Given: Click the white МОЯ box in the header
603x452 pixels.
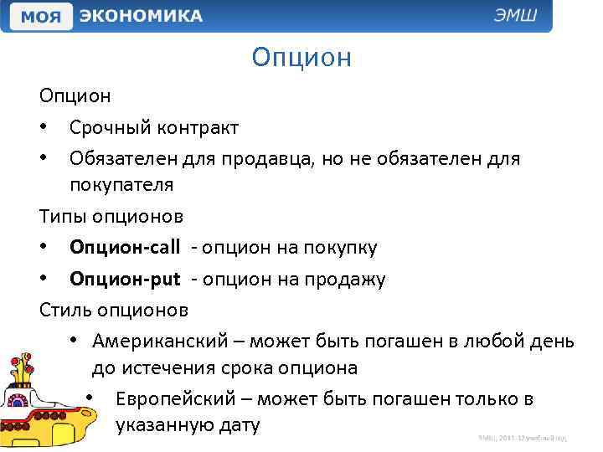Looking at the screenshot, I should click(41, 16).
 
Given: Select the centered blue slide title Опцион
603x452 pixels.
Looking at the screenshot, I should click(301, 58).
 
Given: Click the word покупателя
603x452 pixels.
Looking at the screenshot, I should click(121, 184).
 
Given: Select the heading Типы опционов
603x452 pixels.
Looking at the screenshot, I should click(111, 217).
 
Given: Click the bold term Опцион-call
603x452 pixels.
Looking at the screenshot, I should click(125, 248).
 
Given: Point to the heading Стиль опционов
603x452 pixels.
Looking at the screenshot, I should click(114, 310).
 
